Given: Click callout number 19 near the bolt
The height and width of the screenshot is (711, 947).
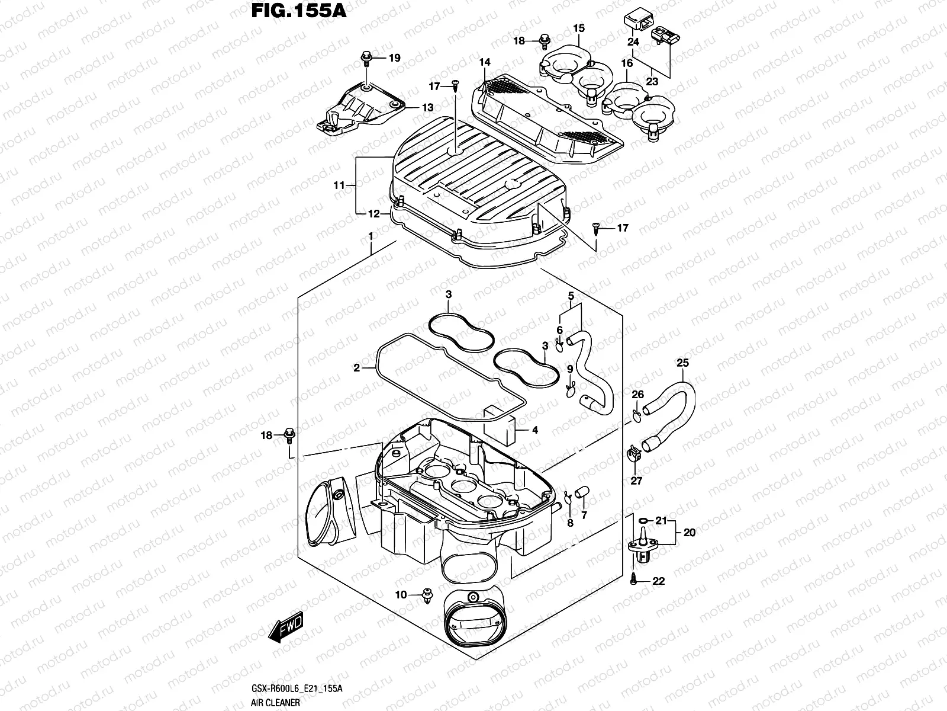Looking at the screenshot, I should (x=394, y=57).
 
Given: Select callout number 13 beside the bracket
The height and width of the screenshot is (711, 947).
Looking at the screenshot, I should (x=427, y=107).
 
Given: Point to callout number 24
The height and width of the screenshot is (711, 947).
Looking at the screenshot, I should (x=633, y=42).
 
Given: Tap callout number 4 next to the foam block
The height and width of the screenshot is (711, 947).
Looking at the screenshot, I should (x=534, y=430).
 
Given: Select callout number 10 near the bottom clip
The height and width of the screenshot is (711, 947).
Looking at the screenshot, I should (x=401, y=594).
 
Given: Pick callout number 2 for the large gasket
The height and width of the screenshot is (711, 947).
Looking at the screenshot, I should (x=356, y=368).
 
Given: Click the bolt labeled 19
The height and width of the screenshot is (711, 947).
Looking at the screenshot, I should (x=366, y=57).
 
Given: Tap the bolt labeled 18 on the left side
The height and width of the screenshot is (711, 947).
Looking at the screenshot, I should (x=289, y=435).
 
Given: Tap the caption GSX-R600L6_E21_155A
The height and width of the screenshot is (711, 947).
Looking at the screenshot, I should (x=293, y=687).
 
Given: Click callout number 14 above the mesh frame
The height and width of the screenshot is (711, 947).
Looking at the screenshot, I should (x=485, y=62).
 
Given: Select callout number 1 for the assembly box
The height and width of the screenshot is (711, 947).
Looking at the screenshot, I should (x=371, y=236).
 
